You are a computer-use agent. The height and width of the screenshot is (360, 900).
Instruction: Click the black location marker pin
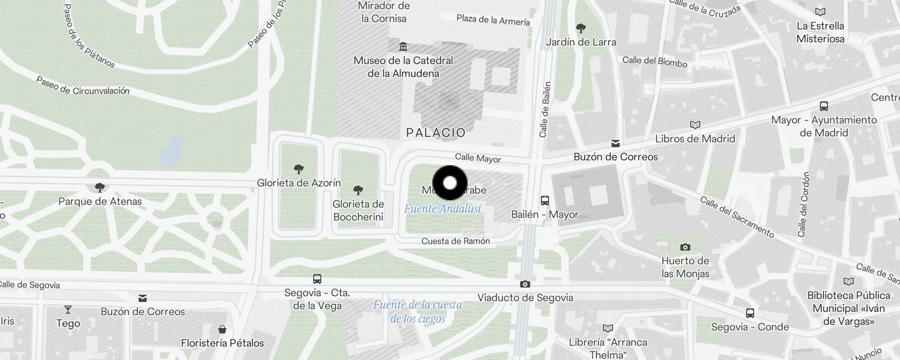[450, 183]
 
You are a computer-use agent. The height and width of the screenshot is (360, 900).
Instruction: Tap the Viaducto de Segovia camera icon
[525, 284]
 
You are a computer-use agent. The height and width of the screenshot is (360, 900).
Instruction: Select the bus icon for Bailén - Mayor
[545, 200]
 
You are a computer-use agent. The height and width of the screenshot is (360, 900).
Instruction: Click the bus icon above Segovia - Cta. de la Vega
[317, 279]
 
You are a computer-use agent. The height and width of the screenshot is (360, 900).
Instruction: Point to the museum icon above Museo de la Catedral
[403, 46]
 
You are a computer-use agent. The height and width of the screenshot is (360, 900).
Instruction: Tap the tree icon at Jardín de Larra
[581, 28]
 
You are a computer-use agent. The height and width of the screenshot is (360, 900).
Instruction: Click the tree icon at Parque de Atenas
[100, 187]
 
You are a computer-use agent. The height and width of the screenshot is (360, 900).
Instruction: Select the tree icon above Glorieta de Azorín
[298, 169]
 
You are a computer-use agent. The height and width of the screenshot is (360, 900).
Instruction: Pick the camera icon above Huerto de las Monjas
[685, 247]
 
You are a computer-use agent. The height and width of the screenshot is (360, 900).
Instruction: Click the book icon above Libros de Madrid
[695, 125]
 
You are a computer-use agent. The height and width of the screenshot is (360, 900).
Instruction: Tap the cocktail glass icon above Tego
[68, 310]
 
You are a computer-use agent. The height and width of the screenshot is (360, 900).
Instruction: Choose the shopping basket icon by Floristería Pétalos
[222, 329]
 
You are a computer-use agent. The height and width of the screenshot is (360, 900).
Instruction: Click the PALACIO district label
[436, 133]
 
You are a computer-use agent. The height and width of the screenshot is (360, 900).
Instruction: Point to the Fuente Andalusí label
[443, 209]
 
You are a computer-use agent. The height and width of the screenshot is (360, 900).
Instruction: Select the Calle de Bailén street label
[545, 109]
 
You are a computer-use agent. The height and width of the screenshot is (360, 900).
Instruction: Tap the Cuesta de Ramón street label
[455, 241]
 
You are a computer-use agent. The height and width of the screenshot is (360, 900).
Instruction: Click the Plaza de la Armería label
[493, 20]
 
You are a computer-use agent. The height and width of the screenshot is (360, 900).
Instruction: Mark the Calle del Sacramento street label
[737, 217]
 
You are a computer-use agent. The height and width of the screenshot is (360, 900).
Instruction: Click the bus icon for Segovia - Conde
[750, 313]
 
